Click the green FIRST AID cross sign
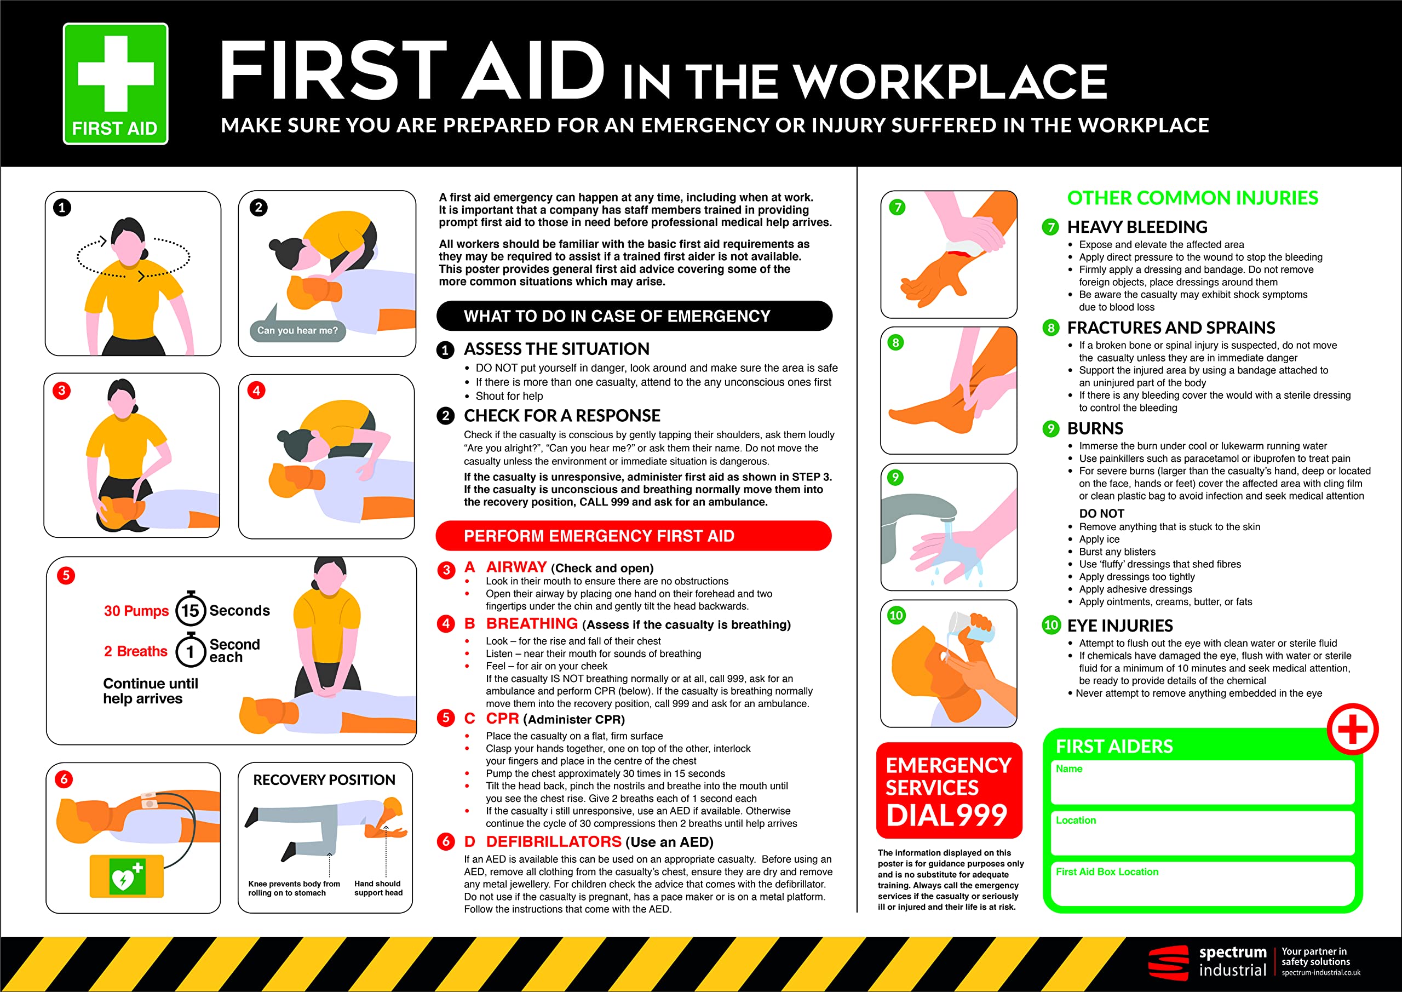(116, 84)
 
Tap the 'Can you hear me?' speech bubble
(297, 330)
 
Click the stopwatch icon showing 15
(190, 609)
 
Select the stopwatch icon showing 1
(190, 651)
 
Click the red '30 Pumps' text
(136, 611)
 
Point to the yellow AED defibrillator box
(127, 876)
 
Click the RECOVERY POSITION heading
(324, 780)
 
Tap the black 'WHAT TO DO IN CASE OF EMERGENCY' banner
(634, 316)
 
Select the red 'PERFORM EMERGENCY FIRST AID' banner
(633, 536)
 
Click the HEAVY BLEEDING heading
(1137, 227)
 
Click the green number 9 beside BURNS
(1050, 429)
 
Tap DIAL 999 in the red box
(946, 816)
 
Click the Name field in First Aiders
(1202, 783)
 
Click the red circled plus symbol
(1352, 729)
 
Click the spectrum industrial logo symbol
(1168, 962)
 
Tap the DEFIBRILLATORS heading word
(553, 842)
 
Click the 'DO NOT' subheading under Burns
(1101, 514)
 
